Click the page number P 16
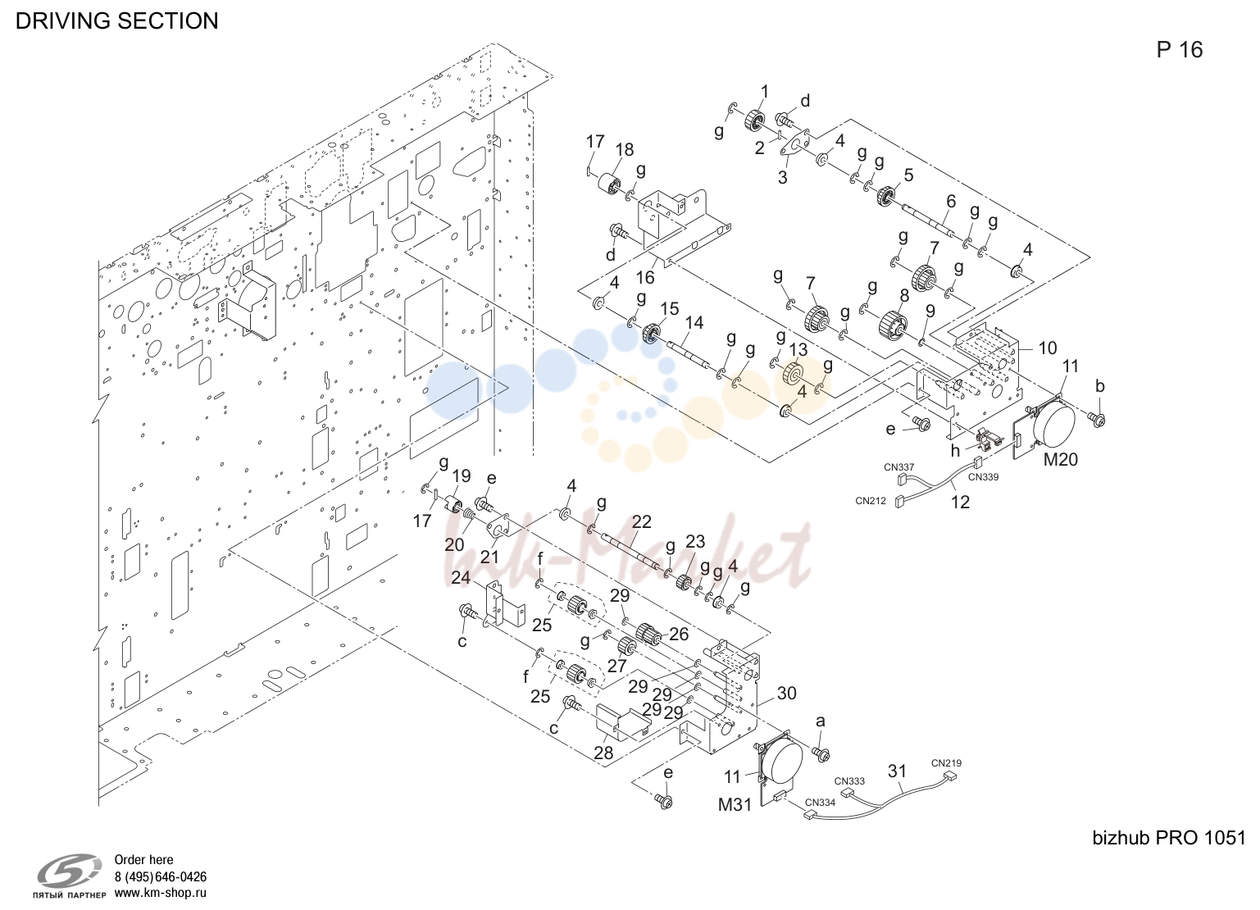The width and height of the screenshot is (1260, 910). click(x=1179, y=50)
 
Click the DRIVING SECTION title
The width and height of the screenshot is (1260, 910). click(x=116, y=21)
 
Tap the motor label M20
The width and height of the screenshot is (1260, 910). click(x=1060, y=459)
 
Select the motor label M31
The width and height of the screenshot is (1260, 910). click(x=735, y=805)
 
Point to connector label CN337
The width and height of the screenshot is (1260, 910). click(x=898, y=466)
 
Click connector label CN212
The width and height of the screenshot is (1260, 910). click(x=870, y=501)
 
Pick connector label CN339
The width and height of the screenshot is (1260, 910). click(x=983, y=477)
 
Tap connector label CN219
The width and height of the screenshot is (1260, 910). click(x=946, y=763)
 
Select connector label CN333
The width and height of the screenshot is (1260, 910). click(x=849, y=780)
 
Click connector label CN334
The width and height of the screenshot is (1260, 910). click(x=820, y=803)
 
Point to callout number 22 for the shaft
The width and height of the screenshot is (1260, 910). click(x=641, y=521)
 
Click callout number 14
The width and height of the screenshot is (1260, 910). click(x=694, y=322)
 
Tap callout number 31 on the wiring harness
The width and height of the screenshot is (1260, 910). click(x=897, y=771)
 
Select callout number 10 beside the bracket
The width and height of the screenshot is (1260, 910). click(x=1047, y=348)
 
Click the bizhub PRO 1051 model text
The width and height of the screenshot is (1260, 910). click(x=1169, y=838)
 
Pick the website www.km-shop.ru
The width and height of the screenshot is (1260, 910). click(x=161, y=893)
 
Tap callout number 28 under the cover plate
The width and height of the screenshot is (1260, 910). click(x=603, y=753)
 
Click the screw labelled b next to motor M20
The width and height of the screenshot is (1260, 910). click(x=1097, y=418)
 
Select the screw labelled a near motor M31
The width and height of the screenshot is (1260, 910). click(x=821, y=753)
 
